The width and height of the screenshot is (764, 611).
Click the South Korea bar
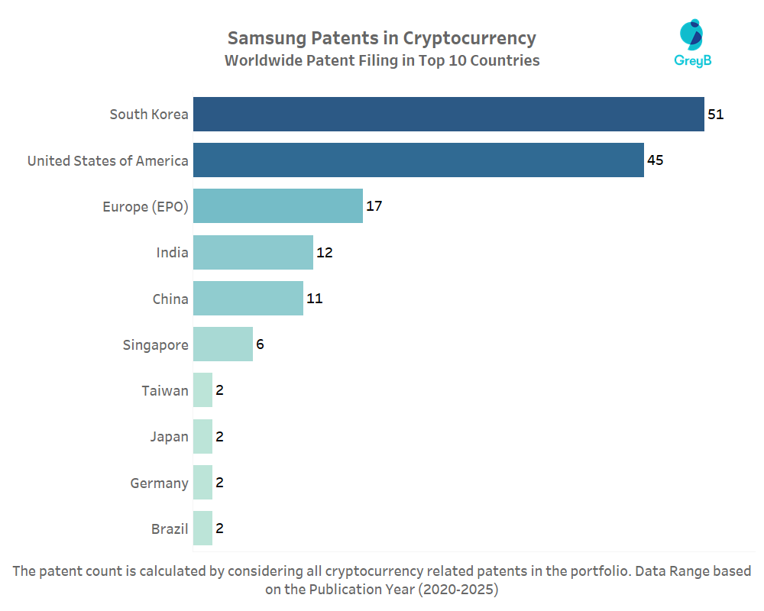[448, 115]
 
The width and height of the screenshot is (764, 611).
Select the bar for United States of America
[418, 160]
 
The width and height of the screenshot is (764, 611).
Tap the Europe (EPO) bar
[278, 206]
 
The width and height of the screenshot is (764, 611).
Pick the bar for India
[253, 253]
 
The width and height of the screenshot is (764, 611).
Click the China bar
[248, 299]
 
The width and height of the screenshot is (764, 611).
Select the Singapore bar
[223, 344]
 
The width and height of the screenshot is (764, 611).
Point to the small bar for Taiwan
[202, 390]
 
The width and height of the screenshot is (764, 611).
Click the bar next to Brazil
[202, 529]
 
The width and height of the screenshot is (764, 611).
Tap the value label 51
[715, 115]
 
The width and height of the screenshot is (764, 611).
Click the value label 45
[655, 160]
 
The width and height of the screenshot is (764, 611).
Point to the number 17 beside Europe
[374, 206]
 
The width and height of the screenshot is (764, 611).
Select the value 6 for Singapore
[260, 344]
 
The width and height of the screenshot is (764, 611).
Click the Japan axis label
[169, 437]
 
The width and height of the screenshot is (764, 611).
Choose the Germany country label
[159, 483]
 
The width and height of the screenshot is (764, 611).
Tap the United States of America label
[108, 160]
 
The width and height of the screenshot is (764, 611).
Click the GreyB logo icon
[692, 35]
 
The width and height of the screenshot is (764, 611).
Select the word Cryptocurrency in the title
[469, 38]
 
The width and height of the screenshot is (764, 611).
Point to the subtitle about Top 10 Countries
[382, 61]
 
